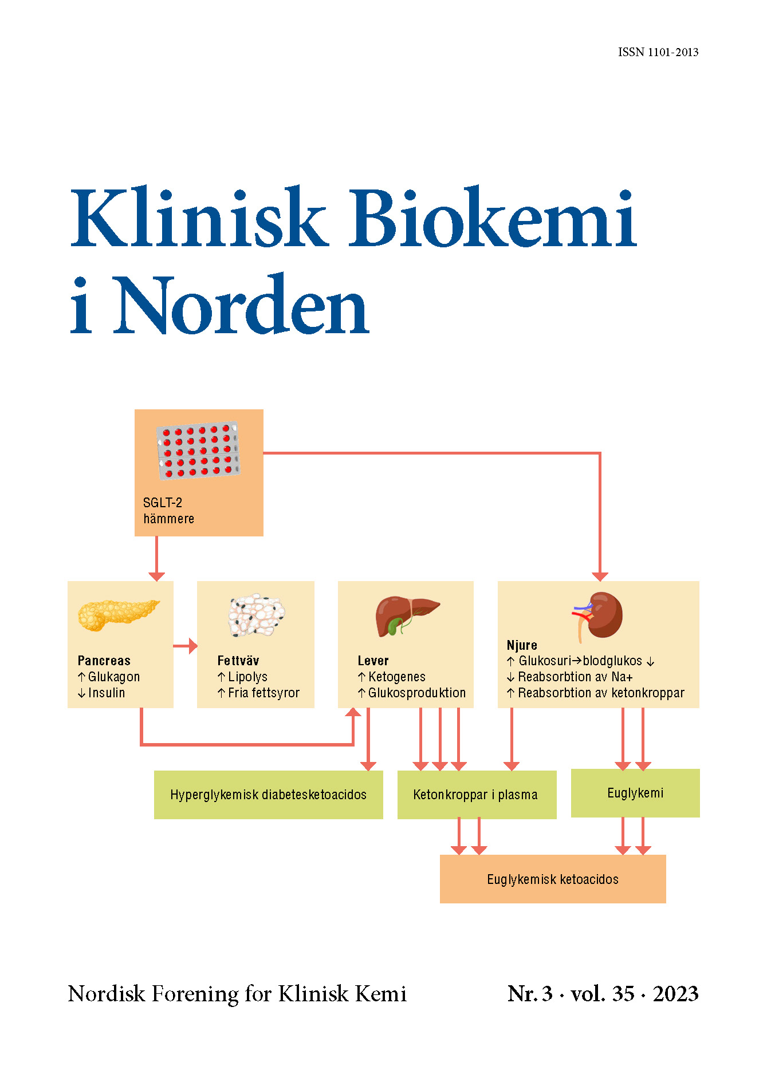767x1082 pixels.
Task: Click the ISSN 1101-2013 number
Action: pyautogui.click(x=658, y=52)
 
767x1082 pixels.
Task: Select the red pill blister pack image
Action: pyautogui.click(x=198, y=451)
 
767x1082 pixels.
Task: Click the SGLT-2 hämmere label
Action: pyautogui.click(x=168, y=511)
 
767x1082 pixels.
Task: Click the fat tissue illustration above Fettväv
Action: pyautogui.click(x=256, y=615)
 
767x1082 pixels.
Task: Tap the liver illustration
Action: pyautogui.click(x=406, y=615)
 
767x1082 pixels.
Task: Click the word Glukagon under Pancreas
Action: pyautogui.click(x=113, y=677)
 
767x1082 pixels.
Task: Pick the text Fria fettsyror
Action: pyautogui.click(x=263, y=693)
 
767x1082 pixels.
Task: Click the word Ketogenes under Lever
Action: pyautogui.click(x=396, y=677)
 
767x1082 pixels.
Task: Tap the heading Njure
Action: pyautogui.click(x=522, y=645)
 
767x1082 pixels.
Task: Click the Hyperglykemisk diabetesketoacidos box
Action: pyautogui.click(x=268, y=795)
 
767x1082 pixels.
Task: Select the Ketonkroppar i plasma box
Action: pyautogui.click(x=476, y=795)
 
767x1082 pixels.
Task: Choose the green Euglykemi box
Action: pyautogui.click(x=635, y=793)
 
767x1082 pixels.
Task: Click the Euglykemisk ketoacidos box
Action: pyautogui.click(x=552, y=879)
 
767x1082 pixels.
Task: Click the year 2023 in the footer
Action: pyautogui.click(x=675, y=994)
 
